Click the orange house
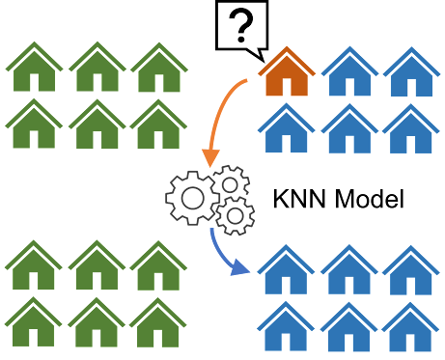coord(287,75)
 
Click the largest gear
coord(193,197)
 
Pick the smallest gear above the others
coord(229,180)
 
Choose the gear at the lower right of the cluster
coord(234,217)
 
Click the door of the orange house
coord(287,86)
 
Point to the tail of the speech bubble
coord(253,49)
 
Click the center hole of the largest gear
coord(193,197)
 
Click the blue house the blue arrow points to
coord(287,271)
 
